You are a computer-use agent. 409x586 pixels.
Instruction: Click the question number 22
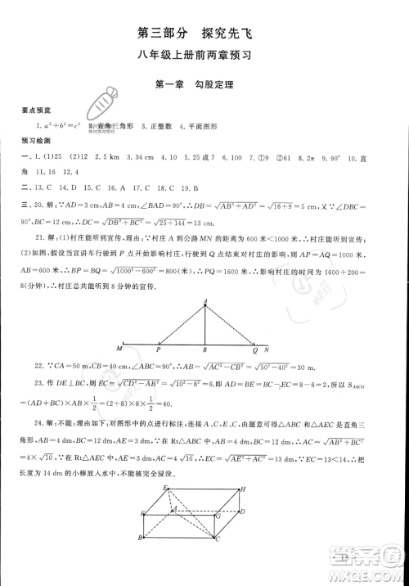click(39, 364)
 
